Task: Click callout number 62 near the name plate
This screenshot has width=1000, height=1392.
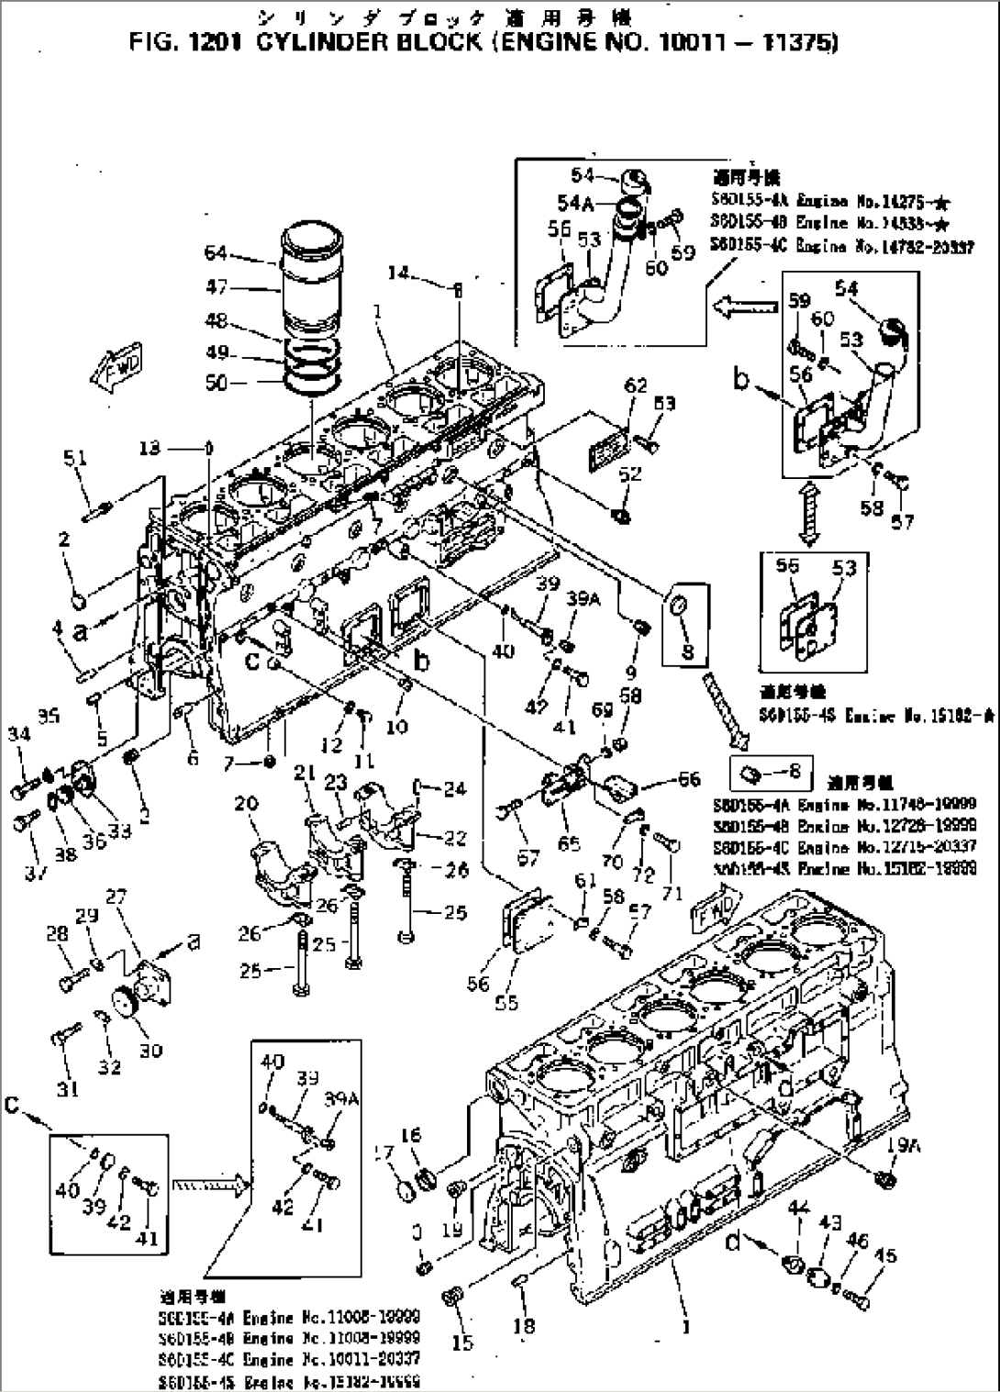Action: coord(636,385)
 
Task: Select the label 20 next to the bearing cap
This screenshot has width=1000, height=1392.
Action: coord(245,804)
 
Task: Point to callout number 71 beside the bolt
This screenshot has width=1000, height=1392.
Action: coord(673,892)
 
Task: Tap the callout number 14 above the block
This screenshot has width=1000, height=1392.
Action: coord(398,273)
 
